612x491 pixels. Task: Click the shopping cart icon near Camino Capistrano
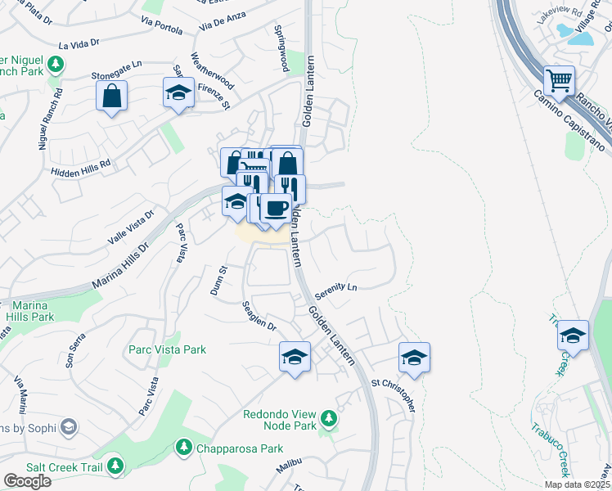[560, 81]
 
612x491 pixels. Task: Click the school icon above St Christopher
[415, 358]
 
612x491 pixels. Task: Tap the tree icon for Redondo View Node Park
[329, 419]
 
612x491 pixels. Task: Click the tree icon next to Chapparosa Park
[184, 448]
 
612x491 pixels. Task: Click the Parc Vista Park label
[167, 349]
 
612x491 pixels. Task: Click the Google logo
[27, 481]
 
